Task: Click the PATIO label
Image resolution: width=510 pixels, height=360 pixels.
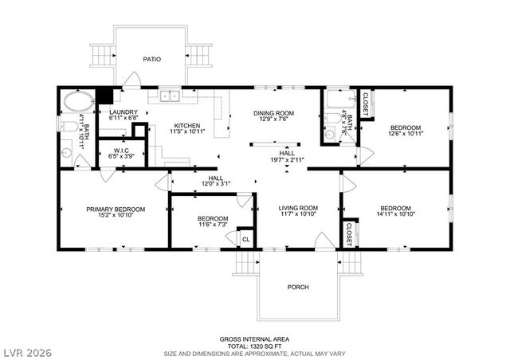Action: [152, 59]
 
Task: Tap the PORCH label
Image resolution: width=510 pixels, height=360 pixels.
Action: [297, 287]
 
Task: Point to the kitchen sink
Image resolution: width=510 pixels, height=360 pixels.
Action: [169, 97]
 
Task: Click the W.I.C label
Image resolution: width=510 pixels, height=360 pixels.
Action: [121, 150]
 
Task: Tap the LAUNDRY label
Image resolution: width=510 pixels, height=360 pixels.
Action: [124, 112]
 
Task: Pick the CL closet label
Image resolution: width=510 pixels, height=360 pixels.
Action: [245, 239]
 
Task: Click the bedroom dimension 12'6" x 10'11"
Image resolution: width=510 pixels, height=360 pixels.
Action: [405, 135]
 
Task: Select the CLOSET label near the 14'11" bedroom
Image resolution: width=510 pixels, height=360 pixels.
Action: [348, 233]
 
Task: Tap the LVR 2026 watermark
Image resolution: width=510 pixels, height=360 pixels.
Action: [27, 349]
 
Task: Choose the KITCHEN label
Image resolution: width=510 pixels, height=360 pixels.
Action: [187, 126]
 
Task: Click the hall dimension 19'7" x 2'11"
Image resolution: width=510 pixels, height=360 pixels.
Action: [287, 159]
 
